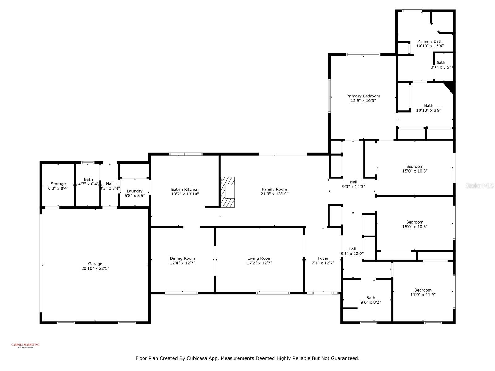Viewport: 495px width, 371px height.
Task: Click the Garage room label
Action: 95,264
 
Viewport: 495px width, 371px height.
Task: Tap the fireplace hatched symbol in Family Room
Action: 227,192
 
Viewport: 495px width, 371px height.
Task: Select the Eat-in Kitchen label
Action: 185,190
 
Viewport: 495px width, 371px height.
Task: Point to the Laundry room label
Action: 135,191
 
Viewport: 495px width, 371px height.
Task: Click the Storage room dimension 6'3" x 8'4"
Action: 58,188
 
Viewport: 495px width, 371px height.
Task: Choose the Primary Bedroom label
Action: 363,96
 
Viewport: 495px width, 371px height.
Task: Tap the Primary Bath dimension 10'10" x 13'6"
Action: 430,45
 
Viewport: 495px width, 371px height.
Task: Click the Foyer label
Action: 323,258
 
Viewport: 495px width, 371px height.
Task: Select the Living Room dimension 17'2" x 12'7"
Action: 259,263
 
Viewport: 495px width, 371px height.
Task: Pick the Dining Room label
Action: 182,258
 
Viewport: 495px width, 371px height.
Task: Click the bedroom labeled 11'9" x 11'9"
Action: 423,290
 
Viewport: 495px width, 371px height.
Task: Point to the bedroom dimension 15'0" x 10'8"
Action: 415,171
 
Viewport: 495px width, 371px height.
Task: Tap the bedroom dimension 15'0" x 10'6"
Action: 415,226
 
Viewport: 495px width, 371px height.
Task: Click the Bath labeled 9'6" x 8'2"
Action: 371,298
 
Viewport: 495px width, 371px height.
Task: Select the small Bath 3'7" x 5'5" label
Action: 441,62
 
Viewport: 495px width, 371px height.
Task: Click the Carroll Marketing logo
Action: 25,345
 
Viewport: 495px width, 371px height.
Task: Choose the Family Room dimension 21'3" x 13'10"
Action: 274,194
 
